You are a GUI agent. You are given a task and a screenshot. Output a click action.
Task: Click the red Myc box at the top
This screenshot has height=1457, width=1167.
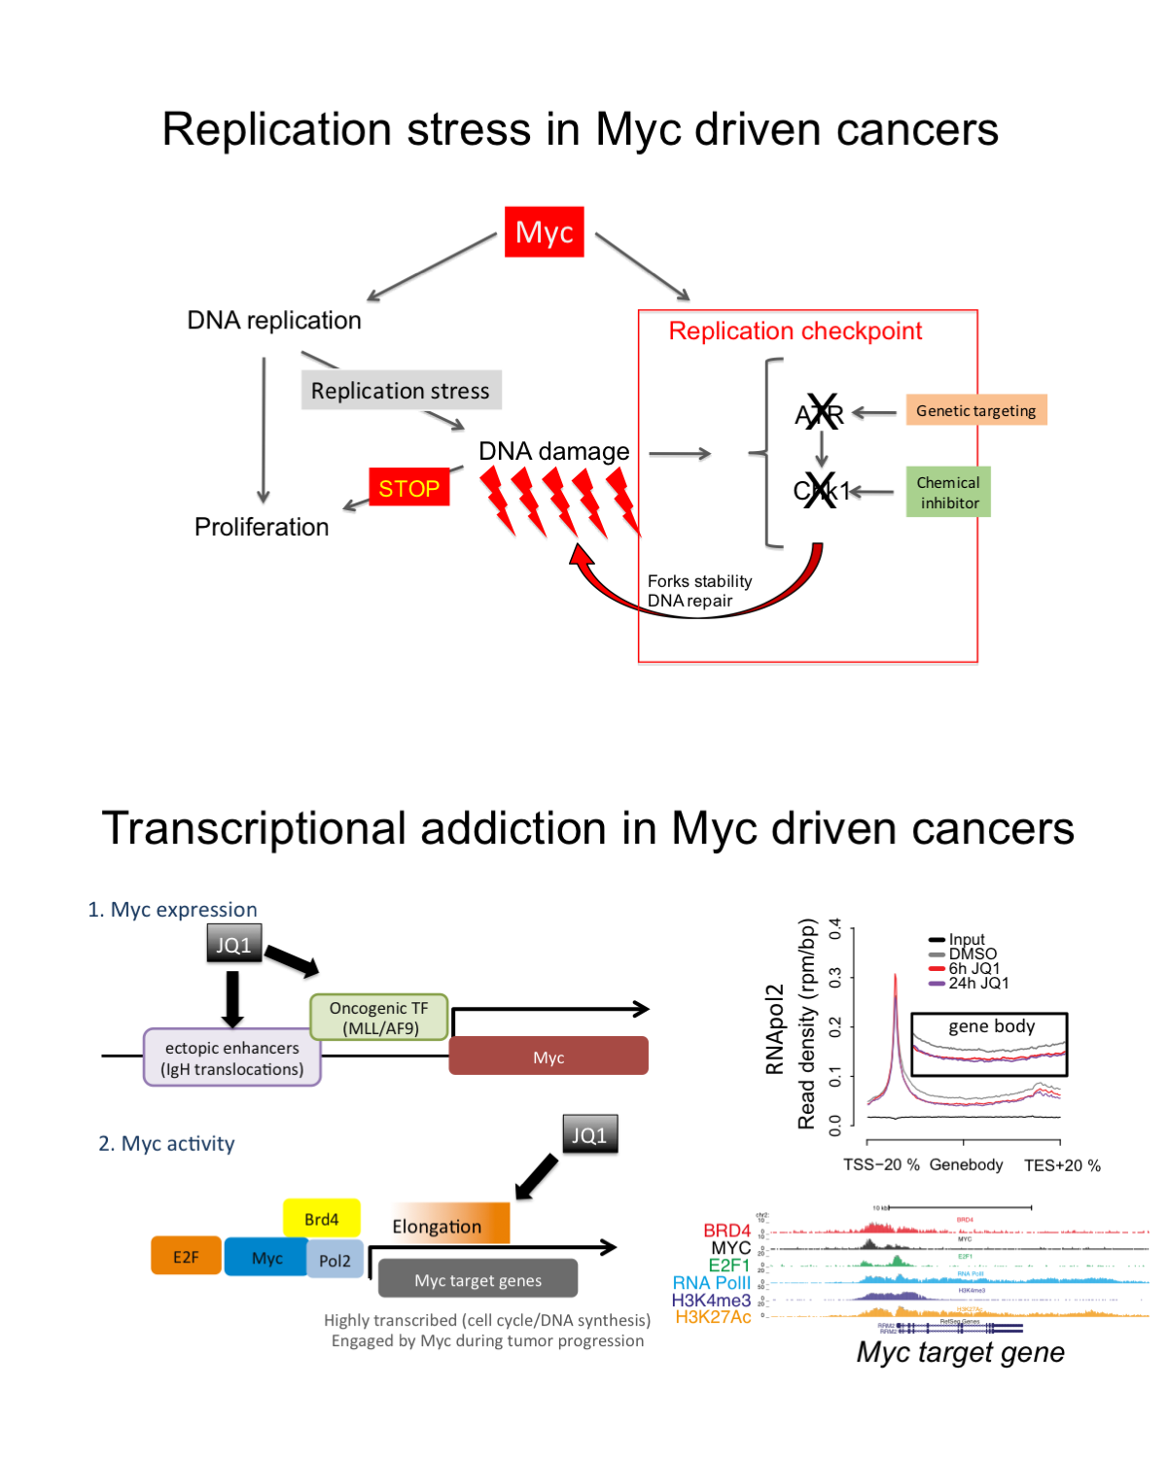click(x=544, y=231)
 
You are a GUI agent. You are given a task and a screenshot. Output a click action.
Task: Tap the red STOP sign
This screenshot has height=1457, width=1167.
click(x=408, y=488)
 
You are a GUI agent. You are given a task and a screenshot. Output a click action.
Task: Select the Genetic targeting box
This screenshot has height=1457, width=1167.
click(x=975, y=410)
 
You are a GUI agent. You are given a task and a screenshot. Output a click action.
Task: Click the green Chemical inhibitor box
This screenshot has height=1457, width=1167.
click(x=948, y=492)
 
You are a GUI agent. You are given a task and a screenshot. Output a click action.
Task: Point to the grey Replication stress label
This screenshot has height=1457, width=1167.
click(x=401, y=390)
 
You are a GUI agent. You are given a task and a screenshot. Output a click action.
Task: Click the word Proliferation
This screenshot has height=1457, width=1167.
click(x=262, y=527)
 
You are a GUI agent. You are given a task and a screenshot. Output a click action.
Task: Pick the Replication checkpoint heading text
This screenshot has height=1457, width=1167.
click(x=795, y=331)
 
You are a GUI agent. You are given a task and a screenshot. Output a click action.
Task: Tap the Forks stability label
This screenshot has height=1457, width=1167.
click(x=699, y=581)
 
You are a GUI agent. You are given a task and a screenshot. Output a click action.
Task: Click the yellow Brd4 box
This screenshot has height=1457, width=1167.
click(x=321, y=1219)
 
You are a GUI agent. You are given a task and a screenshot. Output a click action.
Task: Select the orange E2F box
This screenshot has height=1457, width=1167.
click(x=186, y=1256)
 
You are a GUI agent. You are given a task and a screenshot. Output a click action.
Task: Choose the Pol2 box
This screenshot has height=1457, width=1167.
click(x=335, y=1260)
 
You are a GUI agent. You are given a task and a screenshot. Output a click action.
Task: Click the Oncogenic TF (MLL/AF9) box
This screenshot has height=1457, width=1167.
click(x=379, y=1018)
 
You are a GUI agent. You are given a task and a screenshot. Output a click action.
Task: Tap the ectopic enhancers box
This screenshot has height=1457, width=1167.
click(x=232, y=1058)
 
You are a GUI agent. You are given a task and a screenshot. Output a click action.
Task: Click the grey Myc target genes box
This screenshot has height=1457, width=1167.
click(x=477, y=1279)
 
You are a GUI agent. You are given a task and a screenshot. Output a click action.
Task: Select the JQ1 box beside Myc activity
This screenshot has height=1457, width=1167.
click(x=589, y=1134)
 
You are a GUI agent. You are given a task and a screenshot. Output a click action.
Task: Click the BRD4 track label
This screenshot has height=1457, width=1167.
click(x=726, y=1231)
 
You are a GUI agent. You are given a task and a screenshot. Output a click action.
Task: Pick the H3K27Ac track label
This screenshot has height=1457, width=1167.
click(x=713, y=1317)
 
